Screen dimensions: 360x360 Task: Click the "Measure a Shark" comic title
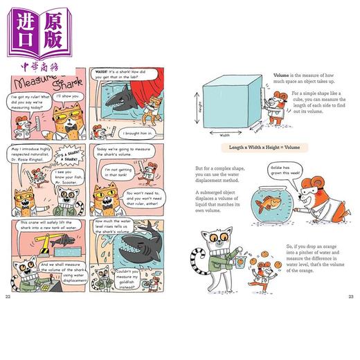coord(42,80)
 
